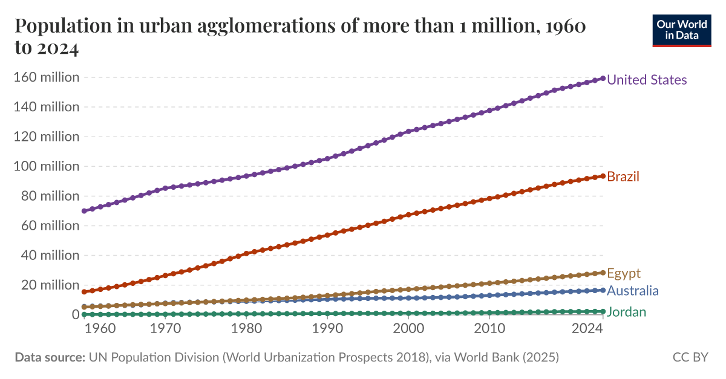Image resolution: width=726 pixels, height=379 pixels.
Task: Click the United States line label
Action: pos(646,80)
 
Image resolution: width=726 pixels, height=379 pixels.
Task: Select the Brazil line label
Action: pos(623,177)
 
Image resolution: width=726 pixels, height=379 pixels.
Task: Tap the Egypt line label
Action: pos(623,273)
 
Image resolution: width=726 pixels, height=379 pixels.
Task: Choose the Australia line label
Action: pos(632,291)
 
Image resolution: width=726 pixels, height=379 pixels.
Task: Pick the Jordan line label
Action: pos(626,312)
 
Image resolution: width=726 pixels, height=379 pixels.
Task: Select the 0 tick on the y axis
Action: pos(76,314)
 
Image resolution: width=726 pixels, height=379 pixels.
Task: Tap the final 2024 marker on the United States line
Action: pos(603,79)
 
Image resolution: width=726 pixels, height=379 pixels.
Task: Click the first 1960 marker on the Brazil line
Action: pos(83,292)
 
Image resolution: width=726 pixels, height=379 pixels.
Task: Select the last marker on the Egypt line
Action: pos(603,273)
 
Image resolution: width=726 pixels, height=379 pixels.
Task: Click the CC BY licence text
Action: pos(690,357)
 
